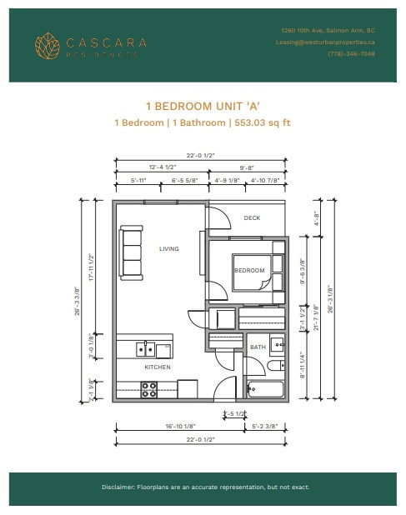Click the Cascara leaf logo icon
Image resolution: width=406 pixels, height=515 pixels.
coord(48,45)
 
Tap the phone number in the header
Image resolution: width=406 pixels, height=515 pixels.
coord(351,53)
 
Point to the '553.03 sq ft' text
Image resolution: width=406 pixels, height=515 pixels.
coord(261,122)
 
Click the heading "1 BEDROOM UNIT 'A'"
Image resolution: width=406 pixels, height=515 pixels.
coord(203,107)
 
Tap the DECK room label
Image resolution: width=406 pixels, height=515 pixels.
coord(252,218)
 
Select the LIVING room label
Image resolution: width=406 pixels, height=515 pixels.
coord(169,248)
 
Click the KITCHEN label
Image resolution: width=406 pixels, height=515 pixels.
coord(158,367)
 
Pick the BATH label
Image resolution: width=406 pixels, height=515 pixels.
coord(258,347)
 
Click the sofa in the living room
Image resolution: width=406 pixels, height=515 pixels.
coord(132,252)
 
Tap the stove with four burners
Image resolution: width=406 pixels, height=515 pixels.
coord(150,389)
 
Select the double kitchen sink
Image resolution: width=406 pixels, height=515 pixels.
coord(147,350)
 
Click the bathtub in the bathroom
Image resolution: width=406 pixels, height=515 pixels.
coord(265,388)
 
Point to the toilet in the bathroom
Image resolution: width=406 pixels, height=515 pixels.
coord(276,367)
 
